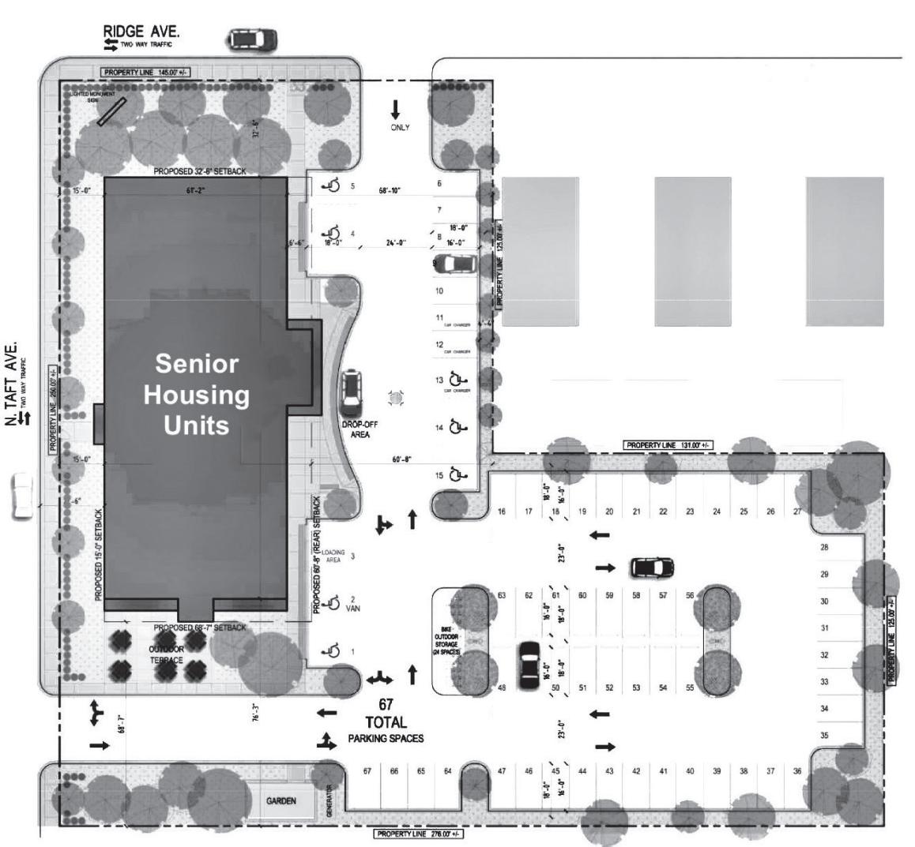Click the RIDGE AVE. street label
click(141, 32)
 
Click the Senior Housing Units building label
click(196, 394)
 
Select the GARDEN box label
click(281, 801)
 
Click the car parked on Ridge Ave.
click(253, 39)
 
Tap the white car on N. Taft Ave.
click(22, 496)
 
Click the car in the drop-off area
click(351, 393)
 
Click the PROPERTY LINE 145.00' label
click(145, 73)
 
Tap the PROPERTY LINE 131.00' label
click(668, 445)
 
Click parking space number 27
click(797, 512)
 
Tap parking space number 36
click(797, 771)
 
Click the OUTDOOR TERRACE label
click(167, 654)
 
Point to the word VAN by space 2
click(352, 609)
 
